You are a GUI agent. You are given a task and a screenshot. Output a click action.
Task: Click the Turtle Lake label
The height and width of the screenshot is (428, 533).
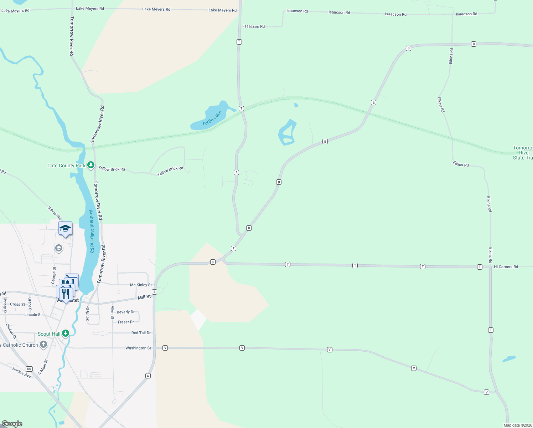[x=212, y=118]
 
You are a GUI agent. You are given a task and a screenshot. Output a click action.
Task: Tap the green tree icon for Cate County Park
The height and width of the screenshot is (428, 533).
[x=91, y=165]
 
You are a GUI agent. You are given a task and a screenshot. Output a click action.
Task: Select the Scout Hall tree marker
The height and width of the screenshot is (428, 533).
[x=66, y=333]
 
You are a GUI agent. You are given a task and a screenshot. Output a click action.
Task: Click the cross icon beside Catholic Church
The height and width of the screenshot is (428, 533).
[x=43, y=345]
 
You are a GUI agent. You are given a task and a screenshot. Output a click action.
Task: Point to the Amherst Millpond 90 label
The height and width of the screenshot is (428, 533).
[x=92, y=231]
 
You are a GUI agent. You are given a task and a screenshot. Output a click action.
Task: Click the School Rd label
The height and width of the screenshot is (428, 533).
[x=55, y=213]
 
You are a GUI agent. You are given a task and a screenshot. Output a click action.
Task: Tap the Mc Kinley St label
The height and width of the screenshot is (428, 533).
[x=141, y=285]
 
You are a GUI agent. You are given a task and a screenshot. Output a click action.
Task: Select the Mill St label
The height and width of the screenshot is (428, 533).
[x=144, y=297]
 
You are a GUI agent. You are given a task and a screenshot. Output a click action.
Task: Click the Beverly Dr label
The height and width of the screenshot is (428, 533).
[x=126, y=312]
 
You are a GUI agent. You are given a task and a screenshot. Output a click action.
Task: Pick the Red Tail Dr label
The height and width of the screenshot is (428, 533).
[x=141, y=333]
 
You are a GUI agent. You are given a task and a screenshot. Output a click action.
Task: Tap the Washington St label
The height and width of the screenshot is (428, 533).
[x=138, y=348]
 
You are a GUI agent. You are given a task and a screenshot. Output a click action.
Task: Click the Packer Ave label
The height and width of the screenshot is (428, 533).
[x=21, y=372]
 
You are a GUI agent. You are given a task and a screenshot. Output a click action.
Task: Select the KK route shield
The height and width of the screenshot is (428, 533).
[x=29, y=369]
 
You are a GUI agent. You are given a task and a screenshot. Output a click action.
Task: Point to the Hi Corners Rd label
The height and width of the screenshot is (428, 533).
[x=506, y=267]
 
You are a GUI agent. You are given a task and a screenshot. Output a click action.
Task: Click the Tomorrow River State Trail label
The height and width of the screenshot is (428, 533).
[x=523, y=153]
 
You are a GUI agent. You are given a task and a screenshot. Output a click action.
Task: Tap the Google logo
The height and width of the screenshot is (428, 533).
[x=12, y=423]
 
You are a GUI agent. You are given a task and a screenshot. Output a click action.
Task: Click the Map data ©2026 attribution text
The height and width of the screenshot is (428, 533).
[x=518, y=425]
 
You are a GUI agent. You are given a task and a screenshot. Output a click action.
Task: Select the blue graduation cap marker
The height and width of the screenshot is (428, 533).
[x=66, y=229]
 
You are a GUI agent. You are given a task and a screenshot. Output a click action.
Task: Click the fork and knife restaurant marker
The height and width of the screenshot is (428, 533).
[x=65, y=294]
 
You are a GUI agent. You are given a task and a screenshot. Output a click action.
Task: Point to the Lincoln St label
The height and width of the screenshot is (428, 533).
[x=33, y=315]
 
